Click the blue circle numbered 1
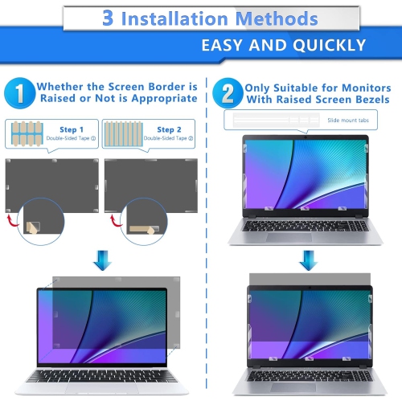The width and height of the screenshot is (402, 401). click(20, 92)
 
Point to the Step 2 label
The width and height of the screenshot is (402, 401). click(169, 129)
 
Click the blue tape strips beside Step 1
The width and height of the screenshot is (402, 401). click(28, 133)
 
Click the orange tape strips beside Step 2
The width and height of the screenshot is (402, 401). click(125, 133)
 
